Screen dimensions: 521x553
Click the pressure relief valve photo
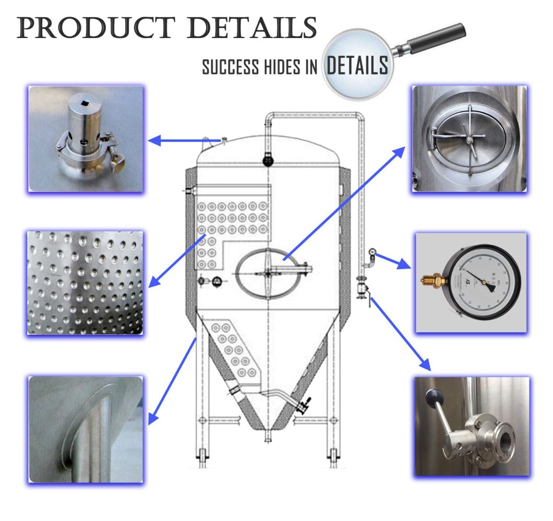pos(86,139)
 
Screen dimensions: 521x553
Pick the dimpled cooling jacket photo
pos(85,282)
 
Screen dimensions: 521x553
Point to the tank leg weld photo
pos(86,429)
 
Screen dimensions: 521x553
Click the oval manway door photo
pos(469,139)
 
